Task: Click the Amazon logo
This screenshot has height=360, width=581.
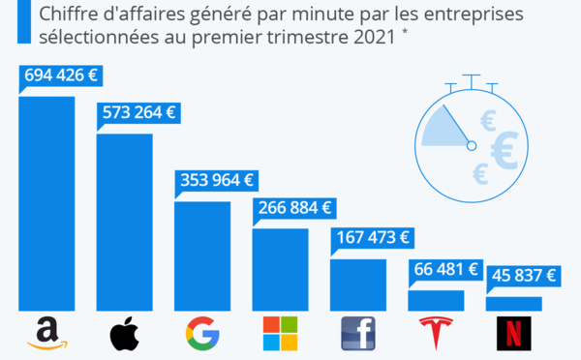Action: coord(46,334)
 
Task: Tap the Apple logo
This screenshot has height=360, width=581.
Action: coord(124,334)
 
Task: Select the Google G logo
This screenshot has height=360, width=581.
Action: coord(201,334)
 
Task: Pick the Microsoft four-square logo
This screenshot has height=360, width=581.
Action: coord(280,334)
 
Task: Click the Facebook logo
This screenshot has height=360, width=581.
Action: coord(357,334)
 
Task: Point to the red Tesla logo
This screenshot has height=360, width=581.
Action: coord(436,334)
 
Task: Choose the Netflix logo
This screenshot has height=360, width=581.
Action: coord(513,334)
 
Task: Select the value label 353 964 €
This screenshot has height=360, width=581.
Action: coord(215,180)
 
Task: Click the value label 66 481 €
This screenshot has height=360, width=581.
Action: coord(446,270)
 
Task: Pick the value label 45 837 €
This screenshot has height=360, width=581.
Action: coord(524,276)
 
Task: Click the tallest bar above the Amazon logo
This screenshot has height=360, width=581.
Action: coord(46,203)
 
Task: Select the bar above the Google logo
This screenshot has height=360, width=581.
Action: coord(201,256)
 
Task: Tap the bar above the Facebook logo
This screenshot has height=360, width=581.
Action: coord(357,285)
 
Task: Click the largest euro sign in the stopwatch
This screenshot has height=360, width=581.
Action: coord(503,149)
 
